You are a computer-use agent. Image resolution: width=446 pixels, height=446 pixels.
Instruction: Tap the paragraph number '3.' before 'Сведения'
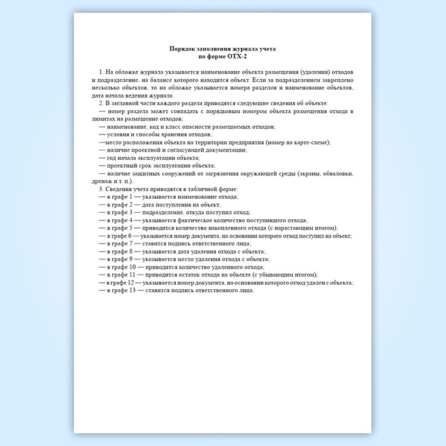(x=102, y=189)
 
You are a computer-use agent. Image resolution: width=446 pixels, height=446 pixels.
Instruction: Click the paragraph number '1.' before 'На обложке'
(x=102, y=73)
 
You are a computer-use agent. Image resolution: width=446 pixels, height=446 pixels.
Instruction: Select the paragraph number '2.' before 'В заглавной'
(x=102, y=103)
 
